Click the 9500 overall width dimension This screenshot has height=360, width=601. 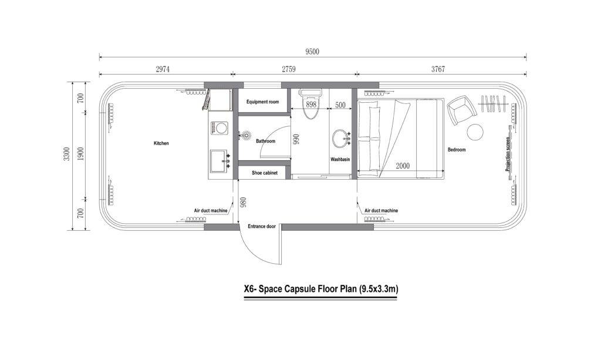[x=312, y=52]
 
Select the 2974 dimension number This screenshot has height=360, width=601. [x=163, y=69]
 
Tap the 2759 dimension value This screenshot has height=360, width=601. [x=289, y=69]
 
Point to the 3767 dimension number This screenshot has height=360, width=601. [x=438, y=69]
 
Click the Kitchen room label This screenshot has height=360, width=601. [x=161, y=143]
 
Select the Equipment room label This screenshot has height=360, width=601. [x=262, y=102]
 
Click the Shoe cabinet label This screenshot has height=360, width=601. [x=264, y=173]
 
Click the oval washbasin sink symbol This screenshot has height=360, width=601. [x=339, y=139]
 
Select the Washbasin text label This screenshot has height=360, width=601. [x=340, y=159]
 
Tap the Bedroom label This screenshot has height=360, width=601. [x=456, y=150]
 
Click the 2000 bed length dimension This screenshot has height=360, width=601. [x=402, y=166]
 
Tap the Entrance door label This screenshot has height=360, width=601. [x=262, y=226]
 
